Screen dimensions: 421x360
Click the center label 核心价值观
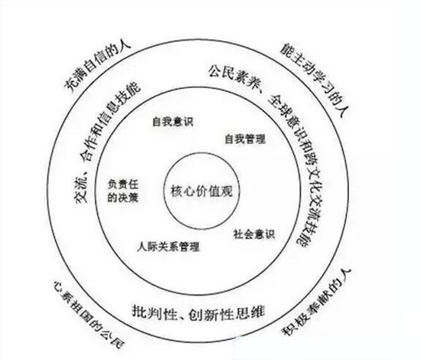[x=201, y=191]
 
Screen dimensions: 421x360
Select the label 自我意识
[x=173, y=121]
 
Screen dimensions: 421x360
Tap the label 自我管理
[x=245, y=139]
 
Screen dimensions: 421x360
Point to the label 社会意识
[x=254, y=234]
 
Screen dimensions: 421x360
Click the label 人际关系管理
[x=168, y=247]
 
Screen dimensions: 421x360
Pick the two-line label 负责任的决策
[x=123, y=191]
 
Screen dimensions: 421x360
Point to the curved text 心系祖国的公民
[x=89, y=314]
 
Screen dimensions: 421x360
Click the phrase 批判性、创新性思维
[x=198, y=313]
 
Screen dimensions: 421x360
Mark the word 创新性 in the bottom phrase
[x=212, y=313]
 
